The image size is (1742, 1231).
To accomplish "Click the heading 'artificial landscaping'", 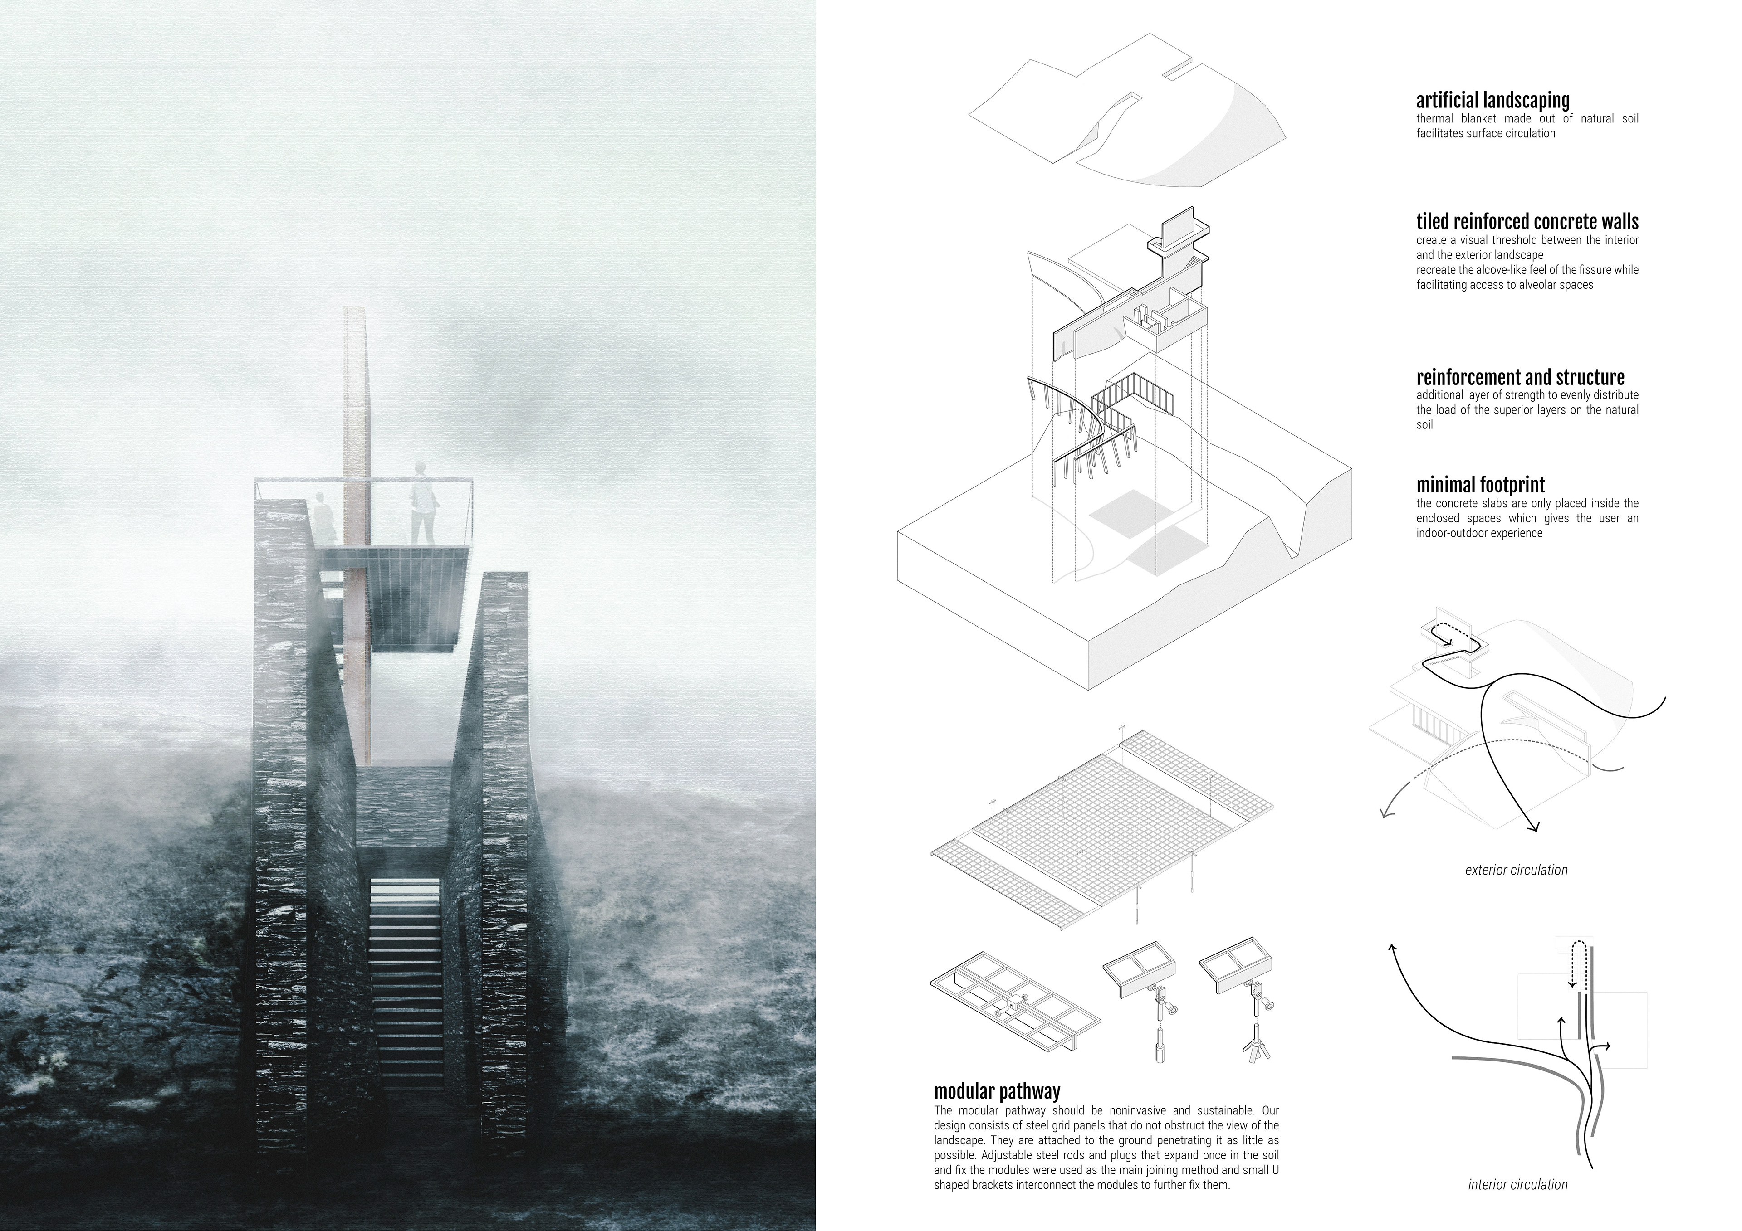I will [x=1492, y=100].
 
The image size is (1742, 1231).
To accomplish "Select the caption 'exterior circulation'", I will [x=1516, y=870].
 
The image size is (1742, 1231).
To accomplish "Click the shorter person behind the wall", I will [x=324, y=516].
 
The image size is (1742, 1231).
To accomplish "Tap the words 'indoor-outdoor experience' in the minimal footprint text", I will [x=1479, y=533].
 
